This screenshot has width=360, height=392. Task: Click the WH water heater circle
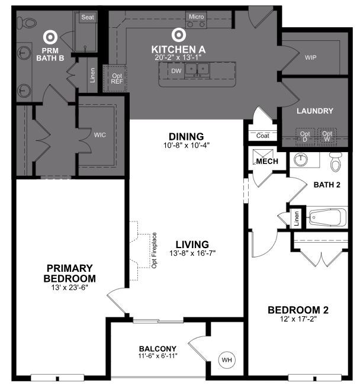click(x=227, y=359)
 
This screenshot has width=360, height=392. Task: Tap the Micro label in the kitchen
click(x=196, y=17)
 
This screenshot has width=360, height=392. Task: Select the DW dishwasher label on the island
click(x=176, y=71)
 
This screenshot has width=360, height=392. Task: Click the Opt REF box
click(x=117, y=78)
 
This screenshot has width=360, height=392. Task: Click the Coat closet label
click(x=263, y=136)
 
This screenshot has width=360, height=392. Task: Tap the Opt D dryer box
click(x=304, y=137)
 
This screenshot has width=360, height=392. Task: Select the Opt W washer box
click(x=327, y=137)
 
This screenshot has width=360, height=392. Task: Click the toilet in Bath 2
click(x=336, y=161)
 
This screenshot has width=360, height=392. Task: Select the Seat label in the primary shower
click(x=88, y=18)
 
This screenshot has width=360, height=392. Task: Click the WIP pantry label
click(x=310, y=58)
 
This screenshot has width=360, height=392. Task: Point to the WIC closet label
click(x=99, y=135)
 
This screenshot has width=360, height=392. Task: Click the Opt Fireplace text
click(x=154, y=249)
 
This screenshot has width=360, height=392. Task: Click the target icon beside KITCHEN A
click(x=177, y=35)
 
